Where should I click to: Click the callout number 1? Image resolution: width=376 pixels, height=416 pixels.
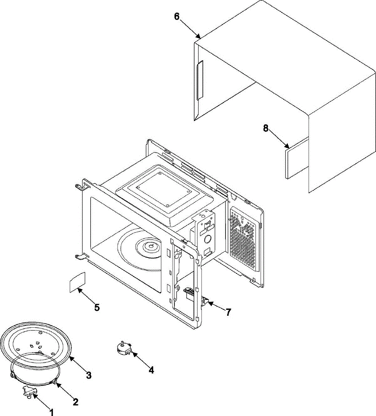[x=52, y=412]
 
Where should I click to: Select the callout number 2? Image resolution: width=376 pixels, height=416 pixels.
[x=75, y=402]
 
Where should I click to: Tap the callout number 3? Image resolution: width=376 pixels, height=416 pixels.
[x=89, y=375]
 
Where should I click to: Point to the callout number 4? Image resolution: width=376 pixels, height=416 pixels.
[x=151, y=370]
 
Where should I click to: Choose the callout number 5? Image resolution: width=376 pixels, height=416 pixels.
[x=97, y=307]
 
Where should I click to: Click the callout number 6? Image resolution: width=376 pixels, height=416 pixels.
[x=177, y=17]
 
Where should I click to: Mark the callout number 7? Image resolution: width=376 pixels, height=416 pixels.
[x=228, y=312]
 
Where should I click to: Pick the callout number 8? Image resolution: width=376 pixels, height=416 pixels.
[x=266, y=128]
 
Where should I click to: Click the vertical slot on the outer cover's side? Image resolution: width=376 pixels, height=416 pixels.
[x=199, y=80]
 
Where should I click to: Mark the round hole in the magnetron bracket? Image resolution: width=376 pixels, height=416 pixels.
[x=208, y=239]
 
